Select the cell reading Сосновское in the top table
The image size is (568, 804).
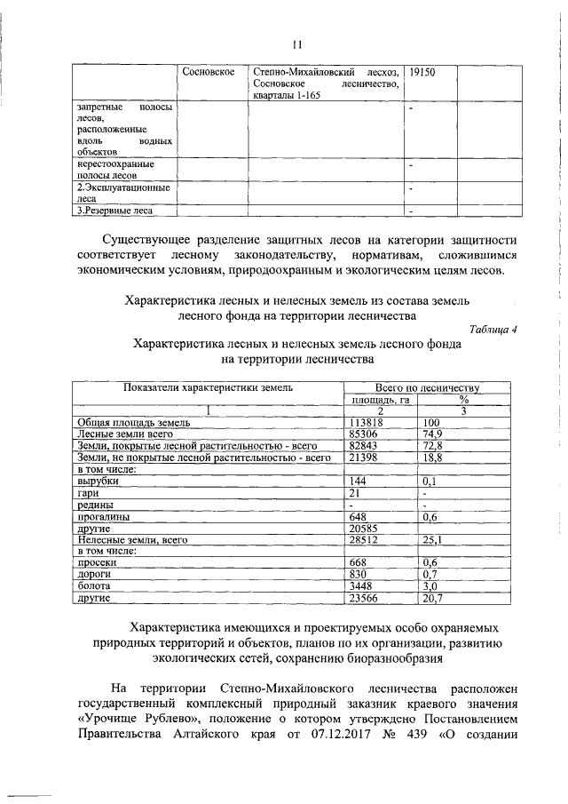click(207, 70)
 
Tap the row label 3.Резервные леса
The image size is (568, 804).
click(114, 211)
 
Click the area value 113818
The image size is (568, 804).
click(367, 423)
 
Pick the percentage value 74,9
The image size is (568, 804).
click(433, 434)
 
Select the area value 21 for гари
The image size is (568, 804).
click(354, 492)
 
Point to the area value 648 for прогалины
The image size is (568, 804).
click(358, 516)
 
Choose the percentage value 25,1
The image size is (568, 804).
click(433, 539)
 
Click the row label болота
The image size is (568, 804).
click(93, 586)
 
